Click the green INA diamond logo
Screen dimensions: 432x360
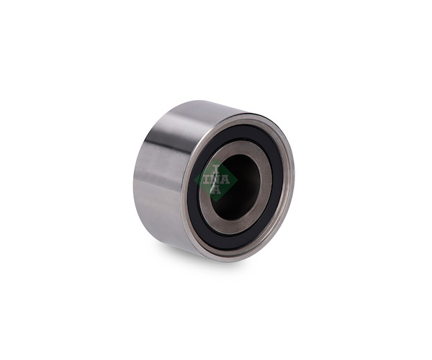[x=216, y=179]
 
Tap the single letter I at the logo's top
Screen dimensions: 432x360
[x=216, y=169]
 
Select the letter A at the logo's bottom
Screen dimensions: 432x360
[x=215, y=189]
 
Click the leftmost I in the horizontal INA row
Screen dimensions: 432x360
[x=206, y=179]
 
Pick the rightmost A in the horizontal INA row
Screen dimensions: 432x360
[x=225, y=179]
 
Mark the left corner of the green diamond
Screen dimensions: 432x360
[x=194, y=180]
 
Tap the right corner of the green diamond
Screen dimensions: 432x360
[x=238, y=180]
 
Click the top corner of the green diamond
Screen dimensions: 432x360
[x=216, y=158]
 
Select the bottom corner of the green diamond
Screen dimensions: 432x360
[x=216, y=202]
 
